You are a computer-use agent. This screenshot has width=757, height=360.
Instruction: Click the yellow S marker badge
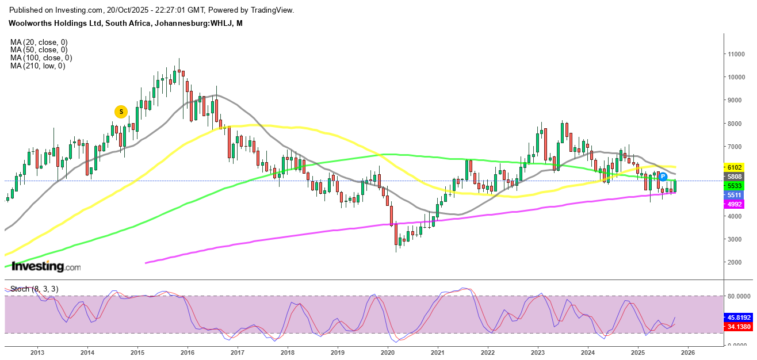pyautogui.click(x=121, y=112)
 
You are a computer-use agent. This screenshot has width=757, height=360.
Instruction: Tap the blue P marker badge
pyautogui.click(x=663, y=176)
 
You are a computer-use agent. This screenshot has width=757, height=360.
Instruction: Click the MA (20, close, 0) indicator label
pyautogui.click(x=39, y=42)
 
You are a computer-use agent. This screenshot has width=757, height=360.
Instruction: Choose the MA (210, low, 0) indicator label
pyautogui.click(x=37, y=66)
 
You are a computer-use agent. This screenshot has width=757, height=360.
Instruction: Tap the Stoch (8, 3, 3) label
pyautogui.click(x=34, y=289)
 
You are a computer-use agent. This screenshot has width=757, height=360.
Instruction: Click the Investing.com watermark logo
pyautogui.click(x=46, y=267)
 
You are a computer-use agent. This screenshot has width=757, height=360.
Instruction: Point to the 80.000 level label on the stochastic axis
pyautogui.click(x=740, y=297)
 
